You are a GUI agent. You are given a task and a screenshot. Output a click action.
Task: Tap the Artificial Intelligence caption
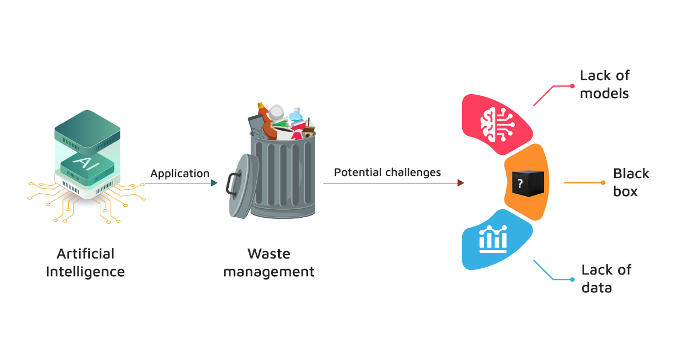[85, 263]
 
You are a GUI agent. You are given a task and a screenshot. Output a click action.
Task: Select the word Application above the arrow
[180, 173]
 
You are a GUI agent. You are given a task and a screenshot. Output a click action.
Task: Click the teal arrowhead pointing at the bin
[214, 183]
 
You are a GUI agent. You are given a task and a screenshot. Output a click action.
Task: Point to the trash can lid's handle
[232, 184]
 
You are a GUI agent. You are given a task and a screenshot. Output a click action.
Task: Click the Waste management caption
[269, 263]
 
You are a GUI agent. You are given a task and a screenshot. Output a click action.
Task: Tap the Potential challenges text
[388, 172]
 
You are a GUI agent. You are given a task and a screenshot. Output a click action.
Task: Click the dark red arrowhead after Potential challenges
[460, 183]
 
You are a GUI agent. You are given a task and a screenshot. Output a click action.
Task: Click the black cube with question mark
[527, 183]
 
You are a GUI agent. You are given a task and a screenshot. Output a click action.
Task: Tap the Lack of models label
[604, 84]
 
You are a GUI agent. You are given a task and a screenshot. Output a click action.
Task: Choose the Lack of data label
[605, 279]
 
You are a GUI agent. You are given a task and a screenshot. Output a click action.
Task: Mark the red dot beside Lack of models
[572, 86]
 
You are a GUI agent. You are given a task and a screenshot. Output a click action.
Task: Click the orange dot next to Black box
[603, 183]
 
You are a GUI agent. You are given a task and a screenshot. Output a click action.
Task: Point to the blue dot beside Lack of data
[572, 280]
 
